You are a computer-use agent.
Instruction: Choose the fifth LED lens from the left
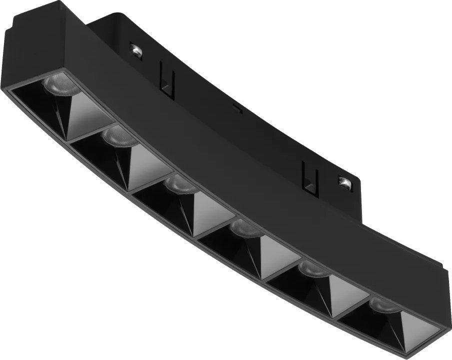coord(313,269)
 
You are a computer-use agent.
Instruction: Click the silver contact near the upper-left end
coord(135,49)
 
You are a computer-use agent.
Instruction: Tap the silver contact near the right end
coord(344,182)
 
